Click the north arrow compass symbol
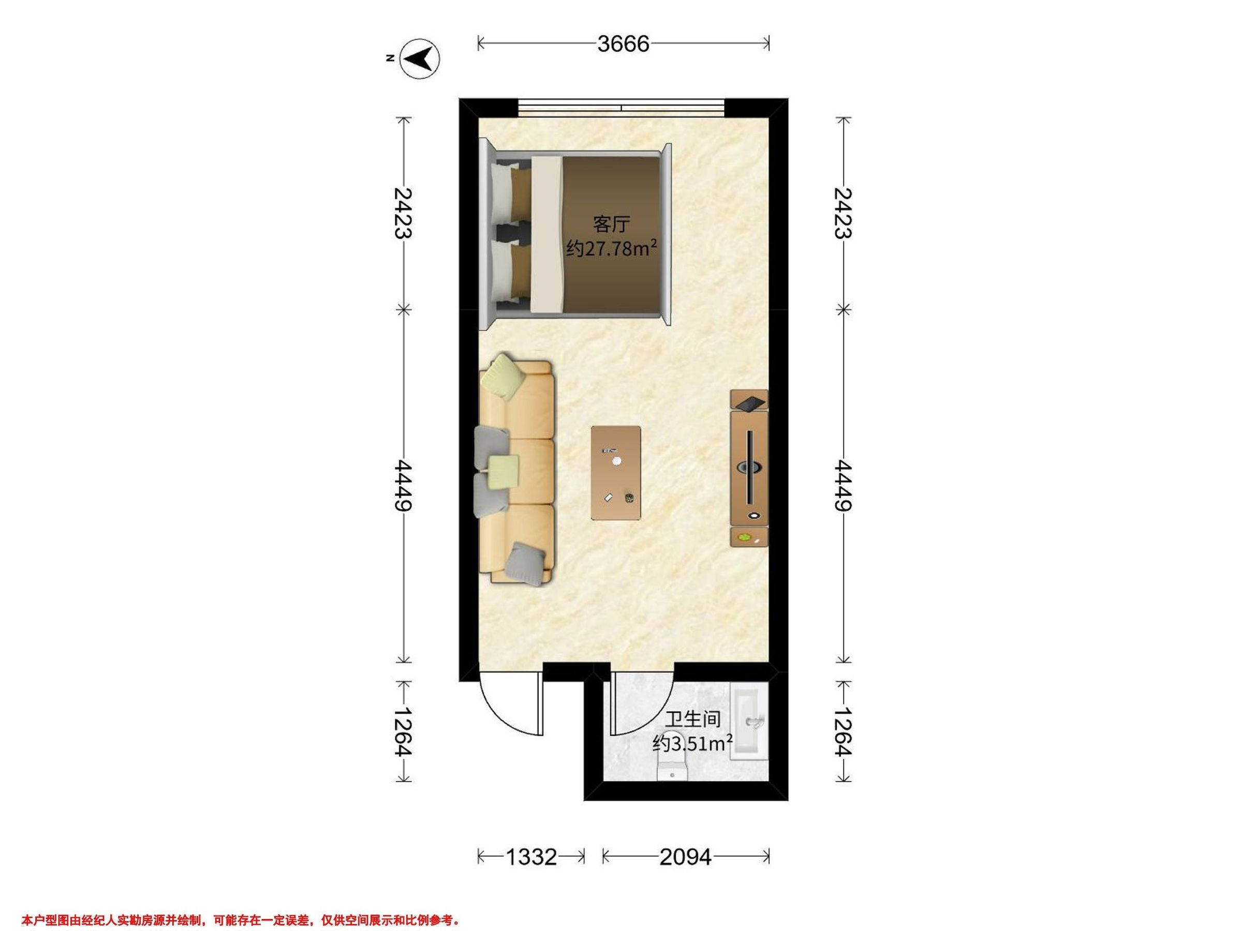click(419, 58)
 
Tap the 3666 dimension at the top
click(623, 43)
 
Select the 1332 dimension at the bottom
click(531, 857)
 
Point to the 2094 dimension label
click(685, 857)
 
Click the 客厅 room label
click(612, 224)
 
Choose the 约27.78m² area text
click(612, 247)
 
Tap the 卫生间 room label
click(693, 719)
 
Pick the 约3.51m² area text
click(693, 744)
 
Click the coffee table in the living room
click(616, 473)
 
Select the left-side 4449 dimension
click(404, 486)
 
